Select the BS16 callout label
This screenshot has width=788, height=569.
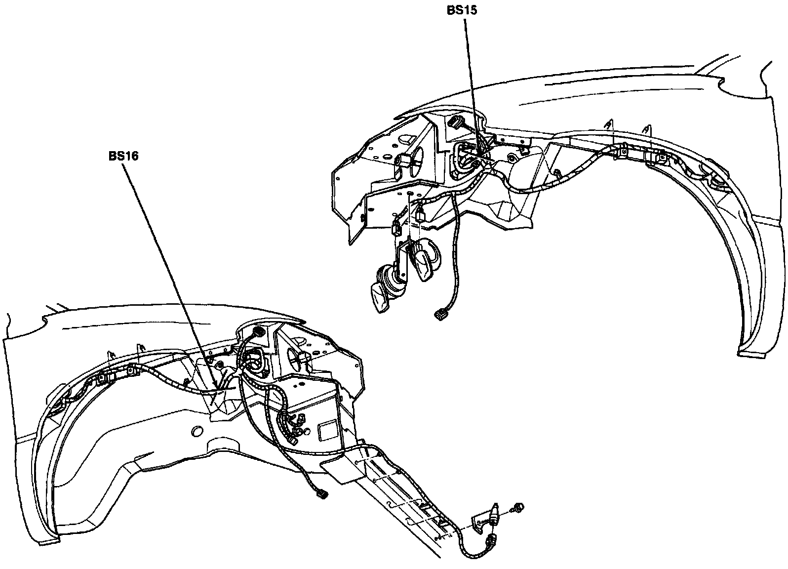(x=123, y=156)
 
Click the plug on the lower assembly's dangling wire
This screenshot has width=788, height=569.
(x=322, y=493)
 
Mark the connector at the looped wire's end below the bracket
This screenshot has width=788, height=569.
(x=492, y=539)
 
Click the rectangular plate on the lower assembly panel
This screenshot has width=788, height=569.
(x=328, y=430)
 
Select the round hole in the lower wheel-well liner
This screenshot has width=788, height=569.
(x=196, y=431)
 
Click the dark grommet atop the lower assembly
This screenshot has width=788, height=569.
(x=257, y=330)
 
